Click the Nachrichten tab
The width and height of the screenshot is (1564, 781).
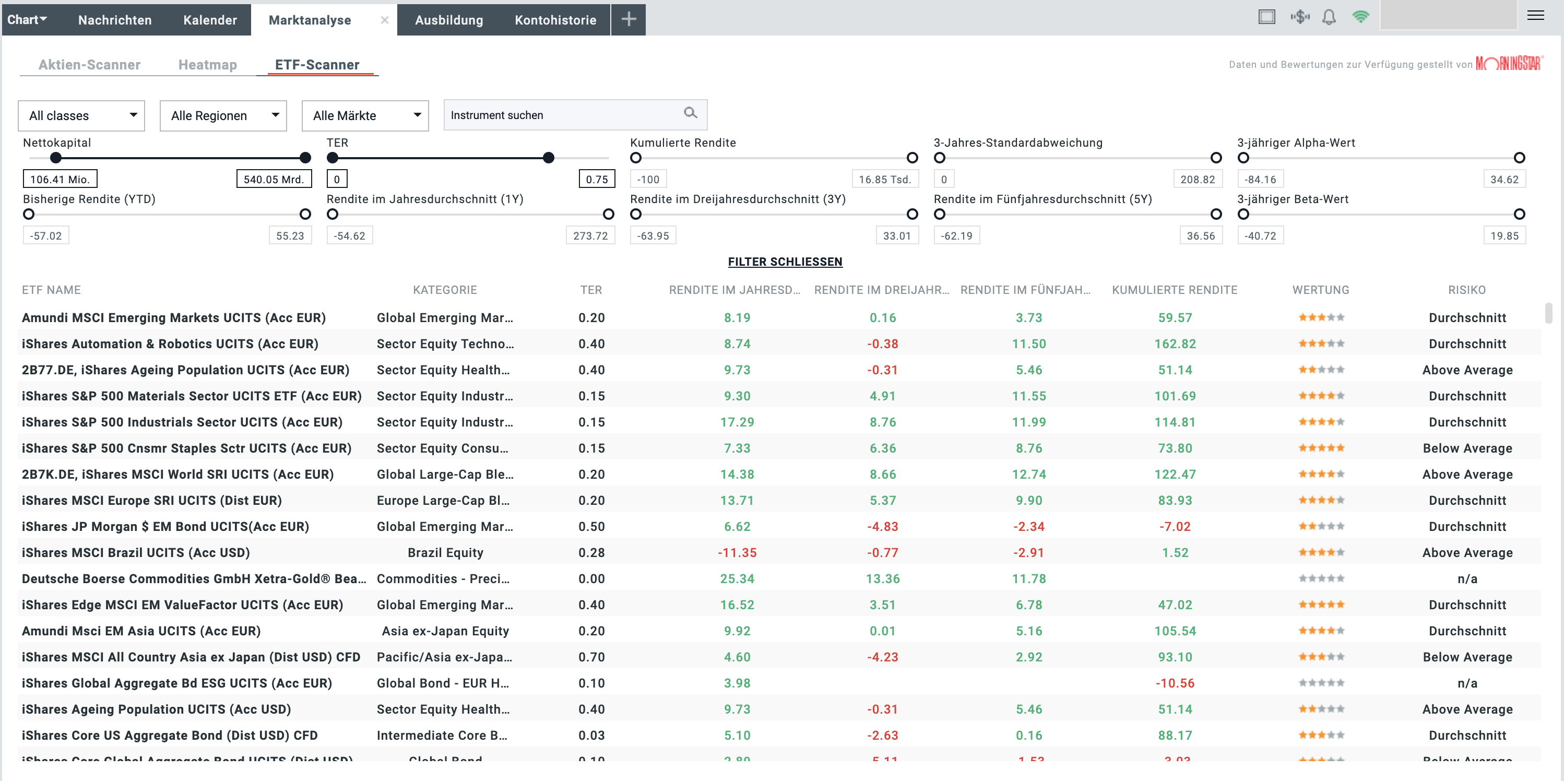tap(115, 20)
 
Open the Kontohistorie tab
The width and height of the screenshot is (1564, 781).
tap(555, 20)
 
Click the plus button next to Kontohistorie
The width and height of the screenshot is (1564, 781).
tap(629, 19)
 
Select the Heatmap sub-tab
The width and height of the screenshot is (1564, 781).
tap(208, 64)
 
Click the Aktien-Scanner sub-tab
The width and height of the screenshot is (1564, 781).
tap(89, 64)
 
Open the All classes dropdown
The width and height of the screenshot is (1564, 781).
tap(81, 115)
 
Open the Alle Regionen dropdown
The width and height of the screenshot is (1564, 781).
tap(223, 115)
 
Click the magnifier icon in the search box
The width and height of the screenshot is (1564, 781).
tap(690, 113)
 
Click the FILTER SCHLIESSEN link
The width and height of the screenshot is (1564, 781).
tap(785, 262)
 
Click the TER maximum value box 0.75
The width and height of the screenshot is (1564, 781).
tap(596, 179)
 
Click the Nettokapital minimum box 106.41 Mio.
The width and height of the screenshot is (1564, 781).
tap(60, 179)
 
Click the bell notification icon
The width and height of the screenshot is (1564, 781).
tap(1329, 17)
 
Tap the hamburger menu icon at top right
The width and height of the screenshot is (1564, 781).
tap(1535, 16)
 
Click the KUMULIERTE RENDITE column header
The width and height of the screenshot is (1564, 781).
tap(1174, 290)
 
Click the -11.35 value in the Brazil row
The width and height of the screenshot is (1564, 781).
tap(737, 553)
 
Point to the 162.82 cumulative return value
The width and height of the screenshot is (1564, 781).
tap(1175, 344)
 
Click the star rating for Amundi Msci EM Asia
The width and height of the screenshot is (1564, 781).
tap(1321, 631)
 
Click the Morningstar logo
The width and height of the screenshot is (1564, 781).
tap(1509, 64)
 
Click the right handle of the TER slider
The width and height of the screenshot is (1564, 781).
tap(548, 158)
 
